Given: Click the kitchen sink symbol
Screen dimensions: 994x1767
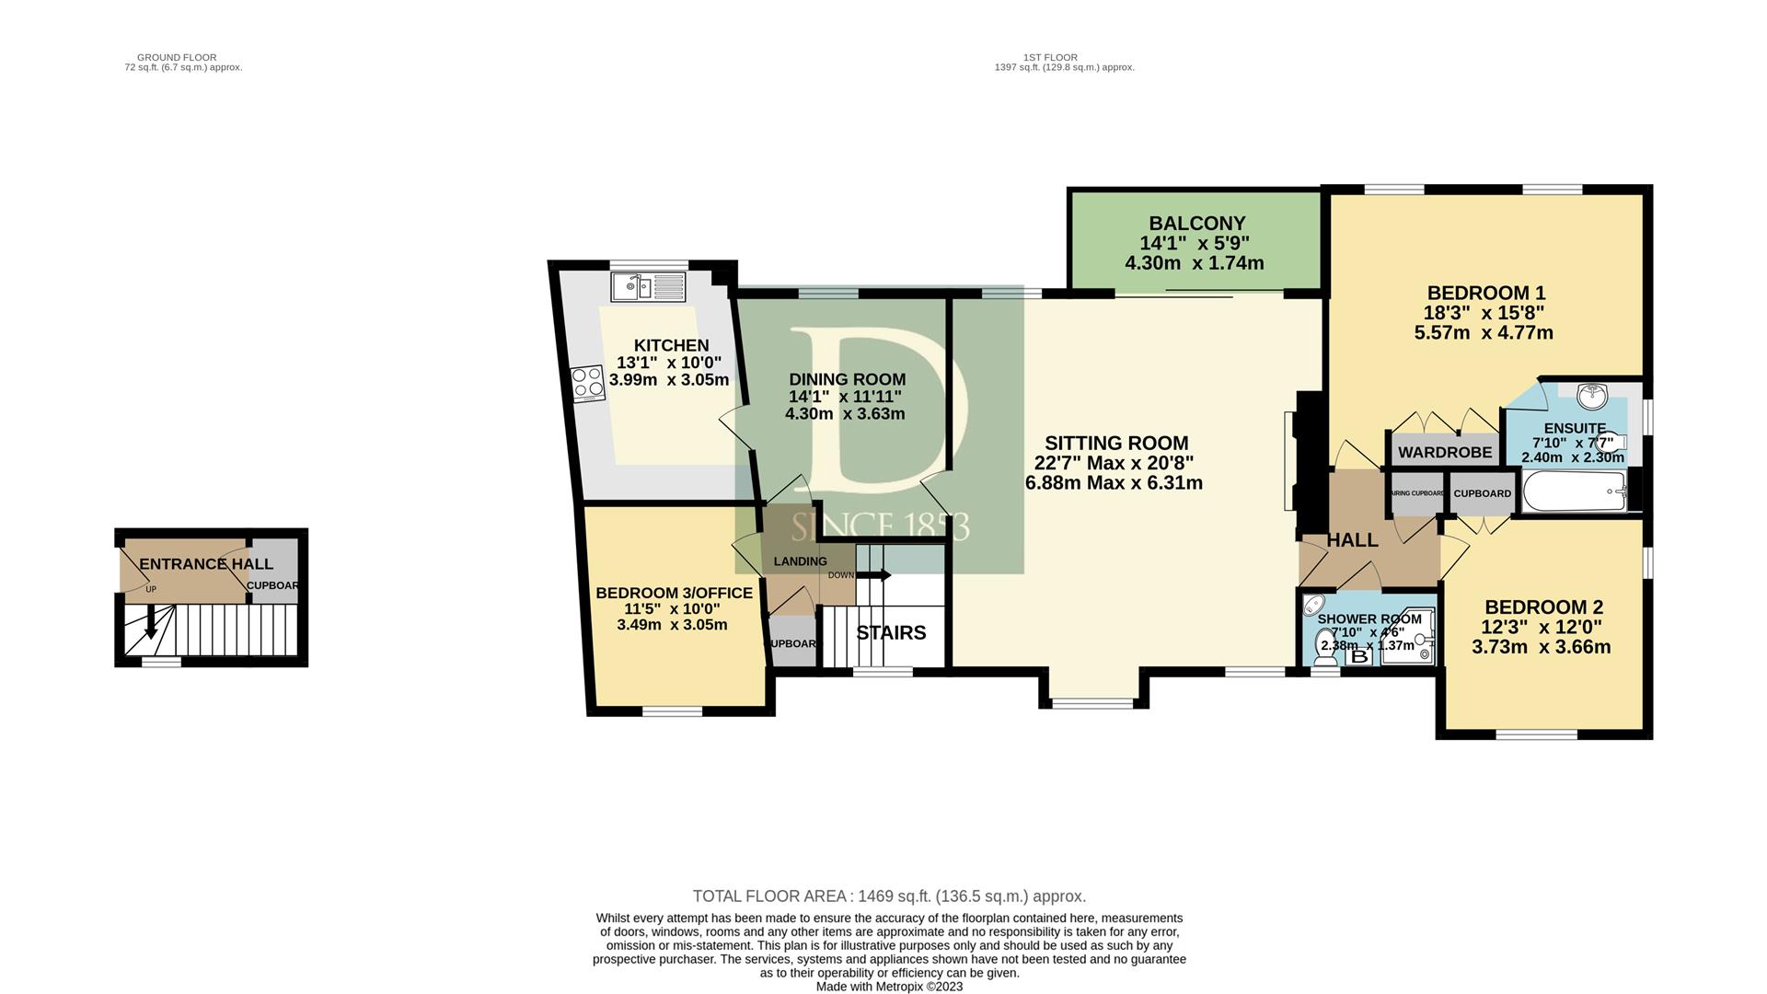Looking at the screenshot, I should pyautogui.click(x=648, y=286).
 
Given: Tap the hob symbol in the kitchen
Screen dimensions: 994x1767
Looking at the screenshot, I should pyautogui.click(x=587, y=384).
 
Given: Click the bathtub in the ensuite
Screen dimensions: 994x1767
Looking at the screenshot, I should pyautogui.click(x=1575, y=491).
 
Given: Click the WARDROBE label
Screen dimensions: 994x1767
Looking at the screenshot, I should pyautogui.click(x=1445, y=452).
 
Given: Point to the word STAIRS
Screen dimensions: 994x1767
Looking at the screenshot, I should pyautogui.click(x=891, y=633).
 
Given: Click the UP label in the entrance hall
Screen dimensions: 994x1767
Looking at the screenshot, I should pyautogui.click(x=151, y=589).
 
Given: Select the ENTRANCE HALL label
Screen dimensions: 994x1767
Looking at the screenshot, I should pyautogui.click(x=206, y=564).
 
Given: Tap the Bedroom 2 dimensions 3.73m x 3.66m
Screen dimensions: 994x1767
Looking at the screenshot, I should pyautogui.click(x=1541, y=647).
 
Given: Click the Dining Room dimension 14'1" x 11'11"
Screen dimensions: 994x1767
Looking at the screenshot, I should pyautogui.click(x=845, y=397).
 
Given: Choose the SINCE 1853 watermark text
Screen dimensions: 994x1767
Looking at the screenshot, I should pyautogui.click(x=880, y=527).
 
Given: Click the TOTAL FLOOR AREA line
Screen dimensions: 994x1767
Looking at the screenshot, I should pyautogui.click(x=889, y=896).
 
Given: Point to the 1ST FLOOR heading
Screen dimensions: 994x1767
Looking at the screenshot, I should pyautogui.click(x=1049, y=57).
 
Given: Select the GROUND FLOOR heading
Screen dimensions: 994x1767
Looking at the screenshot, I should pyautogui.click(x=177, y=57).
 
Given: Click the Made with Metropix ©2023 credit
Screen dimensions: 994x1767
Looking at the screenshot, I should pyautogui.click(x=889, y=987).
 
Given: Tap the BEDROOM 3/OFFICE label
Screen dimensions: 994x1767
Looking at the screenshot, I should pyautogui.click(x=674, y=594).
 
